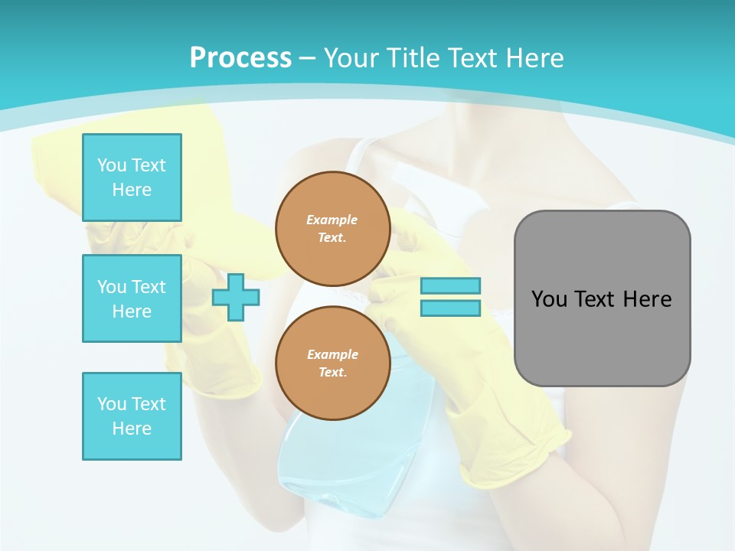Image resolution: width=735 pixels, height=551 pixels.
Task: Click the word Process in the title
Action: click(240, 58)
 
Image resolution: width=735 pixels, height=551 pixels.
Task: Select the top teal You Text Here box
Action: click(132, 178)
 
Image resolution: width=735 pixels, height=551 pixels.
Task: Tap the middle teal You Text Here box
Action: click(132, 298)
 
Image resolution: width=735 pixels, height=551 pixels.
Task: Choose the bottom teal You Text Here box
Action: click(132, 416)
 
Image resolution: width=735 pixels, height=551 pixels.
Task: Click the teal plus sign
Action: click(236, 298)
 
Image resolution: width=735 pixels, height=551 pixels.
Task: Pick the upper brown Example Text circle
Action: click(332, 228)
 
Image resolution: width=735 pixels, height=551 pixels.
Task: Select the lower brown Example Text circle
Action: click(332, 363)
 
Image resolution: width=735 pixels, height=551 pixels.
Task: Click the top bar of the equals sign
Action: click(450, 285)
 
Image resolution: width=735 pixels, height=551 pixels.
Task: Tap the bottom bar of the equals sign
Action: click(450, 308)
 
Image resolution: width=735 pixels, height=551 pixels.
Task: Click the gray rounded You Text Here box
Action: click(602, 298)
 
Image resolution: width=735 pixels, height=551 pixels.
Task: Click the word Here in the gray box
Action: click(647, 299)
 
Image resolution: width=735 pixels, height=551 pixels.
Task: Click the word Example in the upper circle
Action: click(332, 220)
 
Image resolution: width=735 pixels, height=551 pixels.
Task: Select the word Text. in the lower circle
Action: click(332, 372)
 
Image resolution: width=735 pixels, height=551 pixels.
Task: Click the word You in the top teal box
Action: click(112, 165)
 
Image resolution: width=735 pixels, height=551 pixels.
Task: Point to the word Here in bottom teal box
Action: click(132, 429)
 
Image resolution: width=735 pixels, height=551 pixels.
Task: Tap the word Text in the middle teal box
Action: click(148, 287)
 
